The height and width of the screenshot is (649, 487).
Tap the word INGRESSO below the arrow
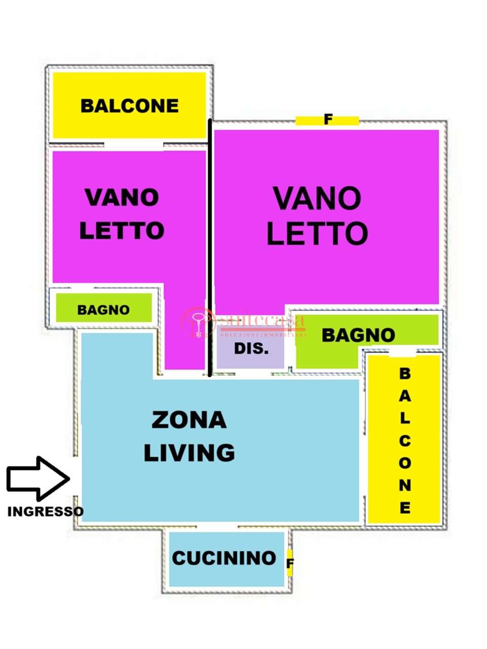45,512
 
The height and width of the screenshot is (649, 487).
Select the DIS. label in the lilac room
251,349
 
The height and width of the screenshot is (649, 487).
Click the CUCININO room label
224,558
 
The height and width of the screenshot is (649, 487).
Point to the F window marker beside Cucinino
290,563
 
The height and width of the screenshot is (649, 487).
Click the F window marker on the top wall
328,120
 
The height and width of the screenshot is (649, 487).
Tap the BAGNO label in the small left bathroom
104,310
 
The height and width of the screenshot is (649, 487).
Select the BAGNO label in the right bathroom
358,335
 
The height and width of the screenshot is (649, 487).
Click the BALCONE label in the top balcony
129,106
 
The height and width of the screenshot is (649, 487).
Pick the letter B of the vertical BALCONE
404,374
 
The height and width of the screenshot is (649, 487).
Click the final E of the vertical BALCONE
404,508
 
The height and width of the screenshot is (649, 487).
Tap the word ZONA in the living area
189,420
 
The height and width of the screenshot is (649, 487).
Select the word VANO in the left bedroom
122,198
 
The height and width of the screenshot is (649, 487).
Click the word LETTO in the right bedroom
317,233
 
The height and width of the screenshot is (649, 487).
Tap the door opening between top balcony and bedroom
134,145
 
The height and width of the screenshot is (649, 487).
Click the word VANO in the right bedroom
317,199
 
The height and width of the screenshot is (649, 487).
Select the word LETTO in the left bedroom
122,231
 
